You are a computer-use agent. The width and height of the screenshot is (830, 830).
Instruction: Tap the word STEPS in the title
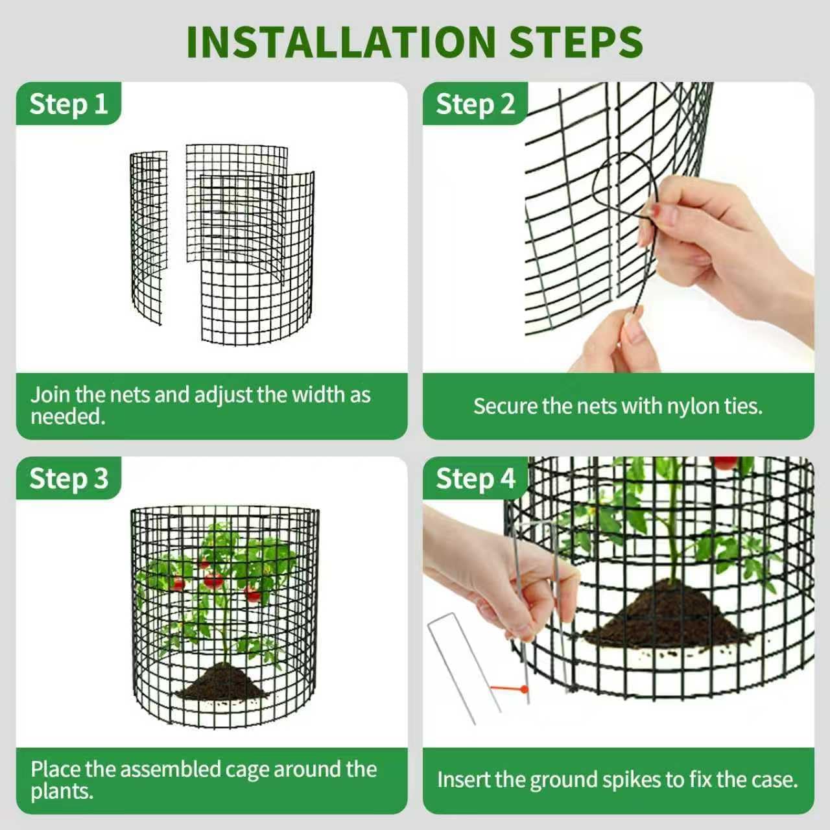tap(576, 42)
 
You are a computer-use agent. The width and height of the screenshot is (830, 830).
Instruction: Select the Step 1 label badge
tap(68, 104)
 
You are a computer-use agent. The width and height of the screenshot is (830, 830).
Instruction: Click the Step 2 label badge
tap(475, 104)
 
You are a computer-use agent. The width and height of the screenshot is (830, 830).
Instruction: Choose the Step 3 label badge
tap(68, 479)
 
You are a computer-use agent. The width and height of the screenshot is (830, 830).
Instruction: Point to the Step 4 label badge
tap(475, 479)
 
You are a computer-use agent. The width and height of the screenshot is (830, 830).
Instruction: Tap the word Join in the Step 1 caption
tap(50, 394)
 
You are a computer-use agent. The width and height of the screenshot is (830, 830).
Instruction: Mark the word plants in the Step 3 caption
tap(60, 791)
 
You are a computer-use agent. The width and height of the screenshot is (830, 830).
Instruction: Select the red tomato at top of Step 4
tap(724, 462)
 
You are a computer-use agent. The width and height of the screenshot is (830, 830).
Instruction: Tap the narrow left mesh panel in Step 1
tap(148, 237)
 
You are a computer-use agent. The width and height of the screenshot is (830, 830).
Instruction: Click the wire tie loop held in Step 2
tap(622, 188)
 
